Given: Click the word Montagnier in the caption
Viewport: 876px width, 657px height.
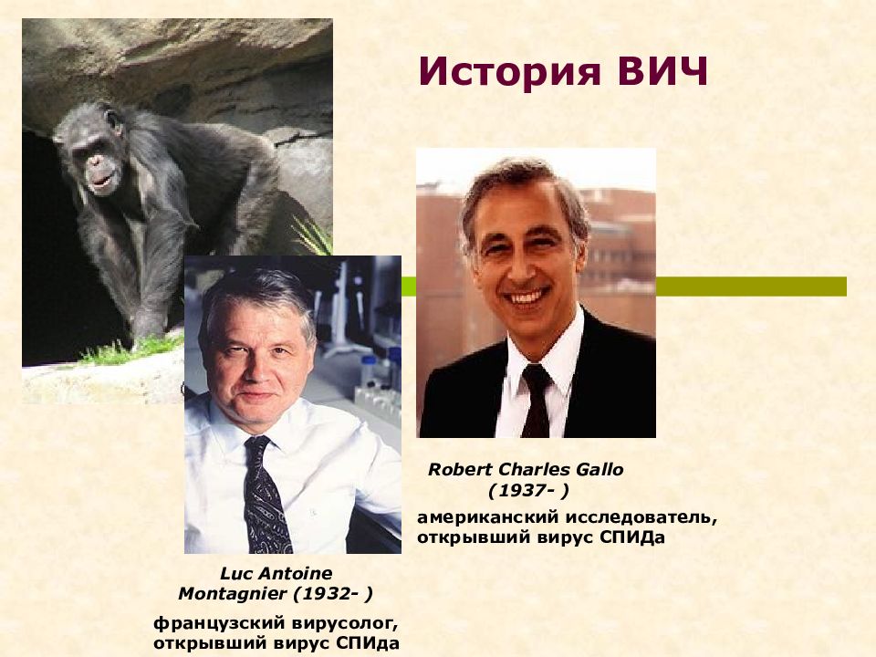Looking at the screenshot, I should pyautogui.click(x=229, y=593).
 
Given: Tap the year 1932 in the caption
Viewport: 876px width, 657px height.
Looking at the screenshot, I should pyautogui.click(x=328, y=593).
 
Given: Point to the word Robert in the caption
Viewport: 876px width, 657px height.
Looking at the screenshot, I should pyautogui.click(x=459, y=469).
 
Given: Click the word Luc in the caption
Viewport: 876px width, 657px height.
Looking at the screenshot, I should pyautogui.click(x=236, y=573).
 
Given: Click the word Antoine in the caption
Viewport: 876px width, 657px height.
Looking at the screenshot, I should pyautogui.click(x=300, y=573).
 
